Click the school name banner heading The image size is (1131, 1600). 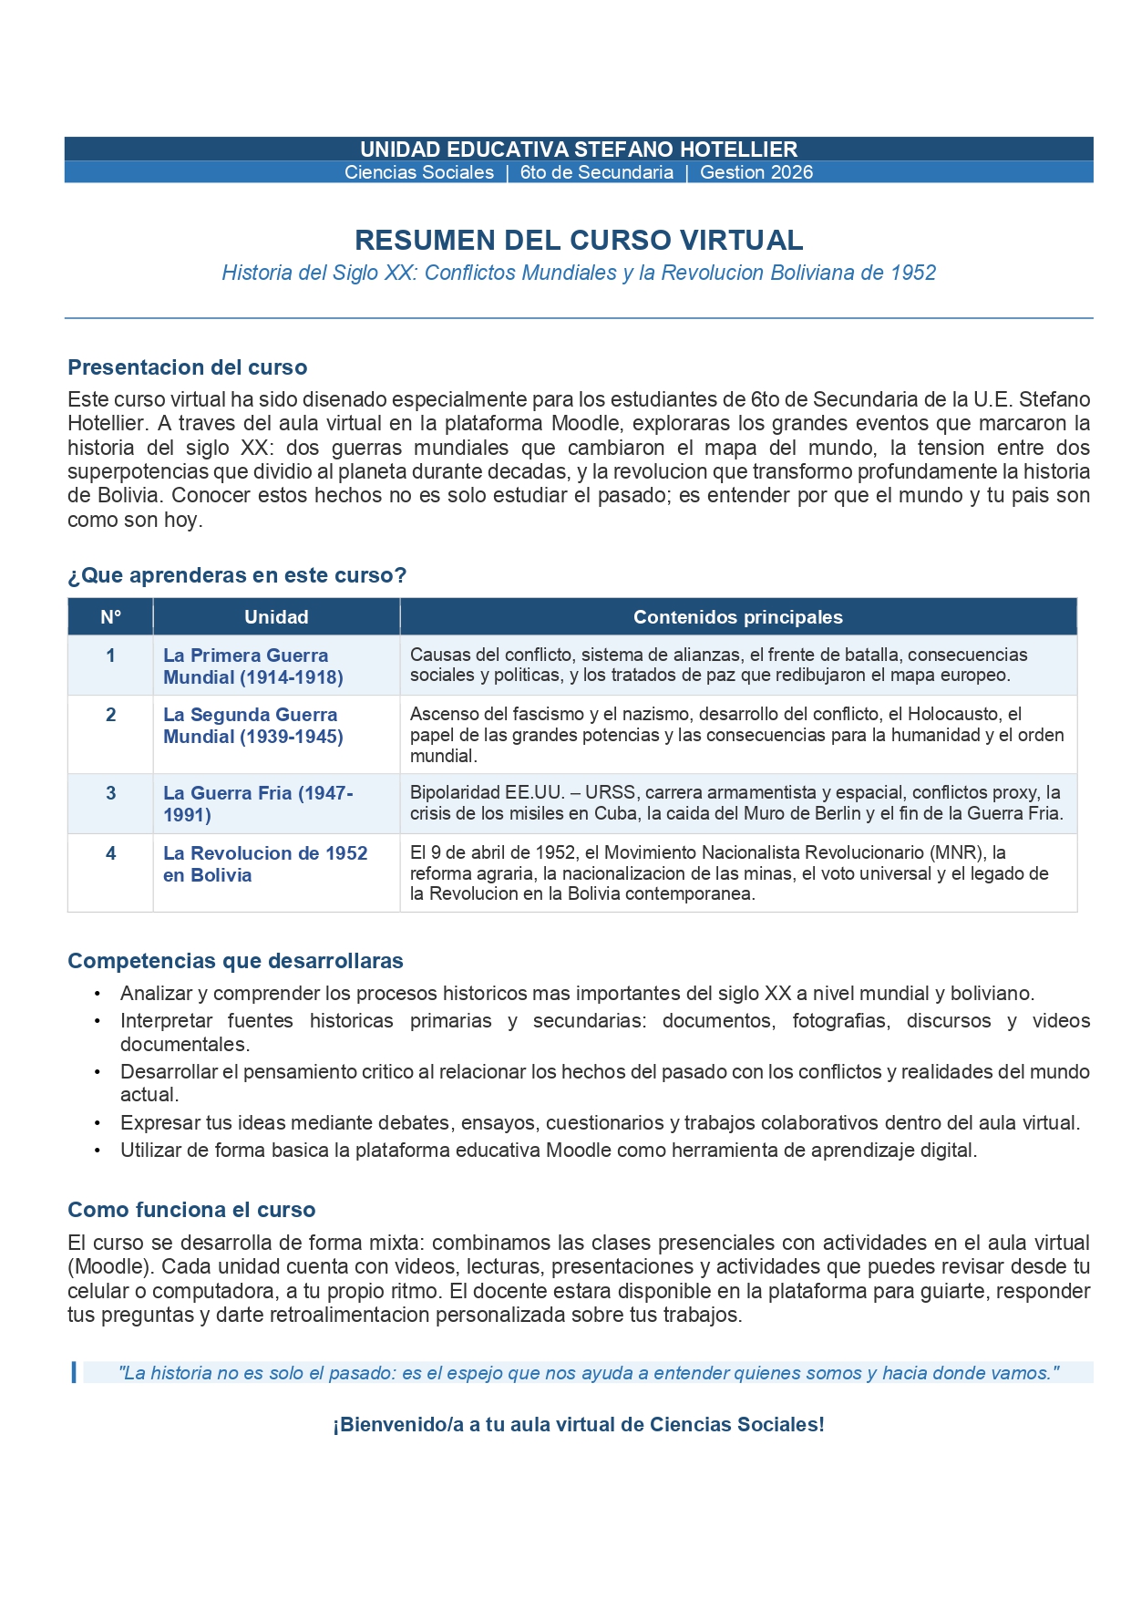coord(579,150)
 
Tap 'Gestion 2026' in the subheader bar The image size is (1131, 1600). coord(756,172)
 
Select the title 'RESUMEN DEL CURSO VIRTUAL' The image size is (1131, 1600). coord(579,240)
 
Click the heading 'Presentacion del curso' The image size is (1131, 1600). coord(187,367)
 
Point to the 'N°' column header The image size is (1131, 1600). coord(110,617)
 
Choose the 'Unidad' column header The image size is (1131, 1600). coord(276,617)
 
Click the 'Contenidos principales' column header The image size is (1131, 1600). coord(737,617)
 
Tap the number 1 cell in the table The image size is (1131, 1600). coord(110,655)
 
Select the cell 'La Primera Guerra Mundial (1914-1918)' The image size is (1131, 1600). coord(252,666)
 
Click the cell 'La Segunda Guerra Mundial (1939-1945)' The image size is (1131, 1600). coord(252,726)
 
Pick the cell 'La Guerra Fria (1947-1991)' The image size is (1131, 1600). coord(257,804)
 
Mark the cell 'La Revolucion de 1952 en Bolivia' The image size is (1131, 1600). coord(264,864)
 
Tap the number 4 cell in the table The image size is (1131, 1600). coord(110,853)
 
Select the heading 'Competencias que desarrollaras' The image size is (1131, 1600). coord(235,961)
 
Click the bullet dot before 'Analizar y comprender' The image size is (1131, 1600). coord(98,994)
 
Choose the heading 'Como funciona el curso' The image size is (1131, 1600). coord(191,1210)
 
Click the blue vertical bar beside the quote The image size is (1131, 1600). coord(74,1372)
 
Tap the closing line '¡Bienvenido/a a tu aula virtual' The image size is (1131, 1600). coord(579,1425)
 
